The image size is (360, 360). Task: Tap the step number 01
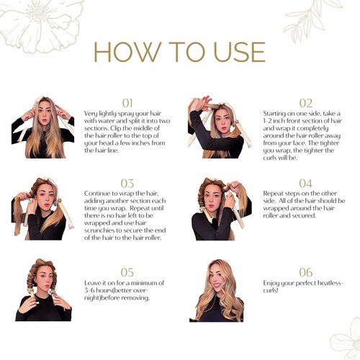tap(127, 103)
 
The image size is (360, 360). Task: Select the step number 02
tap(305, 103)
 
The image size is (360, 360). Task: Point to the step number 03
tap(127, 184)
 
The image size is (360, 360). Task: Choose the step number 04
tap(305, 184)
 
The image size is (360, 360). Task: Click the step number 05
tap(127, 272)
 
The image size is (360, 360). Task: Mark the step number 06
tap(305, 272)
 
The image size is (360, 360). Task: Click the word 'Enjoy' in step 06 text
tap(274, 286)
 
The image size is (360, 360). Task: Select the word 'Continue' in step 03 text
tap(97, 194)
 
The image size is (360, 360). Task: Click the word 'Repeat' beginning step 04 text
tap(275, 194)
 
